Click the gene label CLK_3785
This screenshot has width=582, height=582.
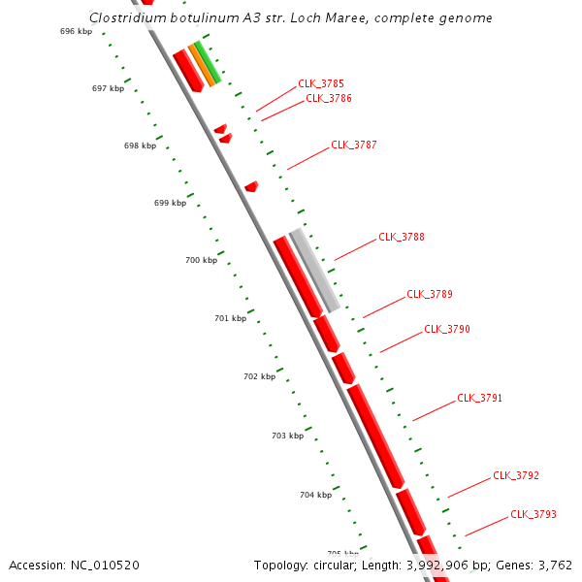point(320,84)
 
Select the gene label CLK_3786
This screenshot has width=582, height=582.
point(328,98)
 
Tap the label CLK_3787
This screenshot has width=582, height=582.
point(353,145)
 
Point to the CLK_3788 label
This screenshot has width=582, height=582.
point(401,237)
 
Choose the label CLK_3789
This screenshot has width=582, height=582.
point(429,294)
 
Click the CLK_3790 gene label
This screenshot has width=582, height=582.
point(446,329)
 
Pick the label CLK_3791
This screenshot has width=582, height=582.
point(479,398)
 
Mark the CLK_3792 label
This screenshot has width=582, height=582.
point(515,475)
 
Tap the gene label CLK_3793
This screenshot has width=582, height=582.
point(533,514)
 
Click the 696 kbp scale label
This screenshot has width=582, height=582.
point(76,31)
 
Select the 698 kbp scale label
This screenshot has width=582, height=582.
point(140,145)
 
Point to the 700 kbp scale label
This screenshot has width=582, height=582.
point(201,260)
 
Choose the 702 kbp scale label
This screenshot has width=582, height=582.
point(259,375)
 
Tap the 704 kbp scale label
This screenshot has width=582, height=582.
point(315,495)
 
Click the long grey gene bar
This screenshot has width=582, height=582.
point(315,271)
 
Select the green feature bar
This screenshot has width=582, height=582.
point(208,62)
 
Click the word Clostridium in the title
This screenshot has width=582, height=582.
point(124,17)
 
